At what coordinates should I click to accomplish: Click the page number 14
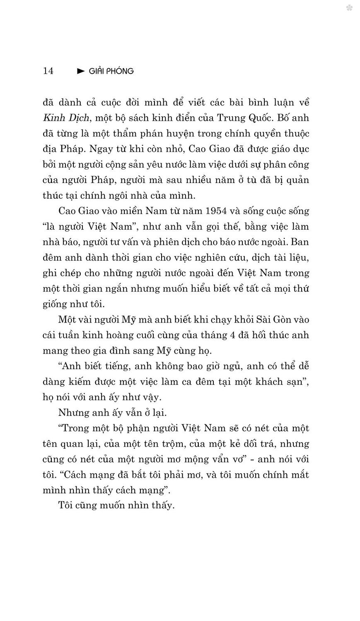(48, 71)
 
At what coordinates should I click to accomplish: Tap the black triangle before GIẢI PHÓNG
(81, 71)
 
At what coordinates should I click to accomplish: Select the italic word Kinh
(52, 118)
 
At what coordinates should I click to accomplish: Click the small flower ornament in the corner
(349, 7)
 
